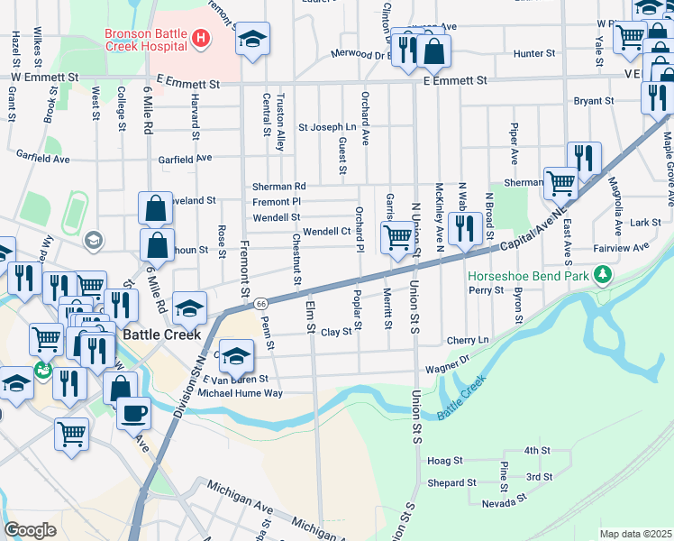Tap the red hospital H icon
(200, 38)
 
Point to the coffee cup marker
(133, 414)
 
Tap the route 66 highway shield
(259, 303)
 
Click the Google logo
(30, 530)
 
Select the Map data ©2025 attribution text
(636, 534)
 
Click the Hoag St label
(445, 460)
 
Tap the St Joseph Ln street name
(327, 127)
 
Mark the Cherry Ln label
(467, 340)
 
